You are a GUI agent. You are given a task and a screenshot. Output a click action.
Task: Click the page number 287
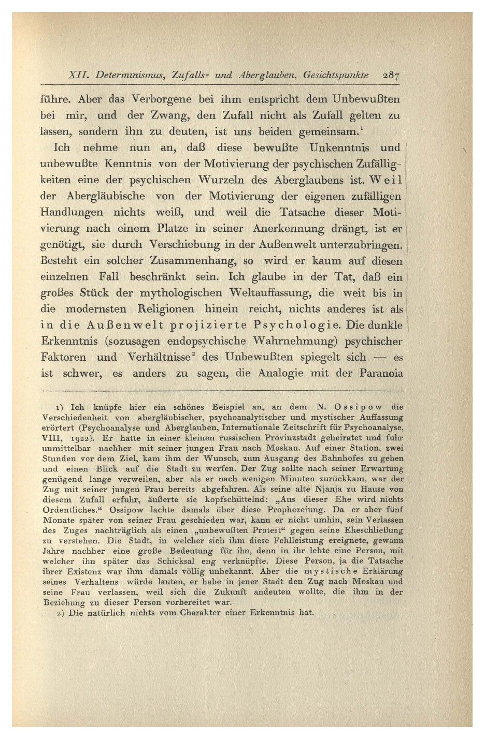(x=391, y=75)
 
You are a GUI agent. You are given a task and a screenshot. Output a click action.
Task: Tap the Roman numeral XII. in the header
(x=78, y=75)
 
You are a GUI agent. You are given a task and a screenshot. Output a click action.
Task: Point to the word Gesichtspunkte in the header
(x=336, y=75)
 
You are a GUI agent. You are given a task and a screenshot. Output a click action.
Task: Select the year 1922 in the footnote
(x=78, y=438)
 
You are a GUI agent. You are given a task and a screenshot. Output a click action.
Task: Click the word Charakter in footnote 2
(x=228, y=613)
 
